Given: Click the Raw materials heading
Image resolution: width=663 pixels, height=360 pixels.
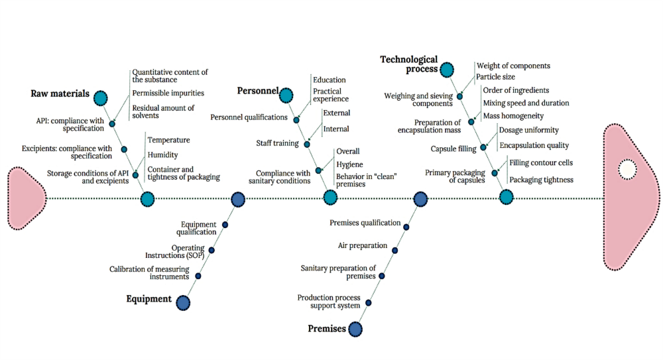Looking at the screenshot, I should pos(60,93).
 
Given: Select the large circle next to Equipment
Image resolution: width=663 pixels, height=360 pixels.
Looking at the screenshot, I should pos(183,302).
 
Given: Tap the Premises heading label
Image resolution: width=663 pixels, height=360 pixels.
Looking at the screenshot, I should pos(327,328).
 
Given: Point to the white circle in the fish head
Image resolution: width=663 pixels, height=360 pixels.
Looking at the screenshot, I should pos(627,170).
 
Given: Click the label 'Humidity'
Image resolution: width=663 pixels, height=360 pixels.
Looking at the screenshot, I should pos(162,154).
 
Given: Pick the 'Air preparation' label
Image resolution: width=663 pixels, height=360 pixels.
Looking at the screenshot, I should pos(363,245).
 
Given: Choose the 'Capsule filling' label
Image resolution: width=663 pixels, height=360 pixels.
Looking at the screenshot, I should pos(453,149).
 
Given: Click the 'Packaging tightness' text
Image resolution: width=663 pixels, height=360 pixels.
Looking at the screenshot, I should pos(540,179).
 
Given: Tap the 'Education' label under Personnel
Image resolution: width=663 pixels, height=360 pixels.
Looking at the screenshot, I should pos(330,80).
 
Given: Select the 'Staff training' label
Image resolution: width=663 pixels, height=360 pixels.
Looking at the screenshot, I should pos(278,143).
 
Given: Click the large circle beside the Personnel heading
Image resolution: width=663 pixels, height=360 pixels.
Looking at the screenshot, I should pos(286,95).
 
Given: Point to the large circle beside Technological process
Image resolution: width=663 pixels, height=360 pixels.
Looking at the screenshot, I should pos(447,69).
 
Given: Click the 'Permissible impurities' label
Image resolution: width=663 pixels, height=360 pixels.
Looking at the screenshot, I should pos(168,93).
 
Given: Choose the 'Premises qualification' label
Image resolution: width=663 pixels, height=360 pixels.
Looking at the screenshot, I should pos(365,223).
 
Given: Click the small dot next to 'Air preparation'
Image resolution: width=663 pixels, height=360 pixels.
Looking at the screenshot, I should pos(394,250).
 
